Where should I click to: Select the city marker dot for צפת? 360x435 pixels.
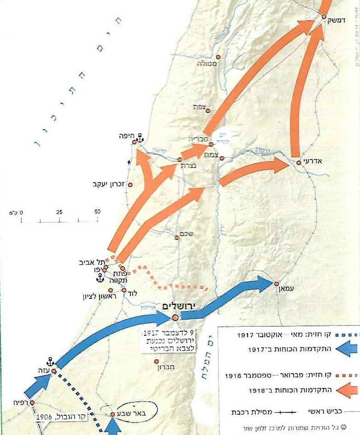[208, 111]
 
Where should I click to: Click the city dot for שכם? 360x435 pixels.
[177, 238]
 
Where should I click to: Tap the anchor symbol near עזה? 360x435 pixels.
[50, 361]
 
